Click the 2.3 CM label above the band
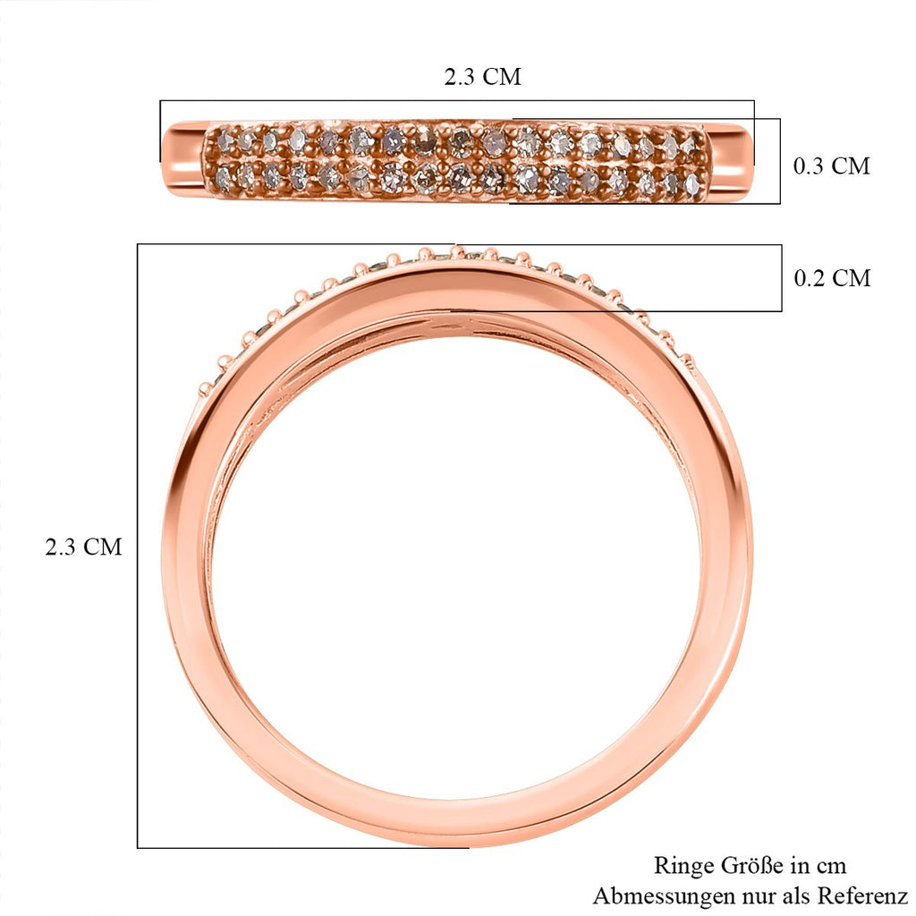(482, 77)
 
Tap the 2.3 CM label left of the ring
(83, 547)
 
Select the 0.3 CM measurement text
(832, 165)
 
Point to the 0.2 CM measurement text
(832, 278)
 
